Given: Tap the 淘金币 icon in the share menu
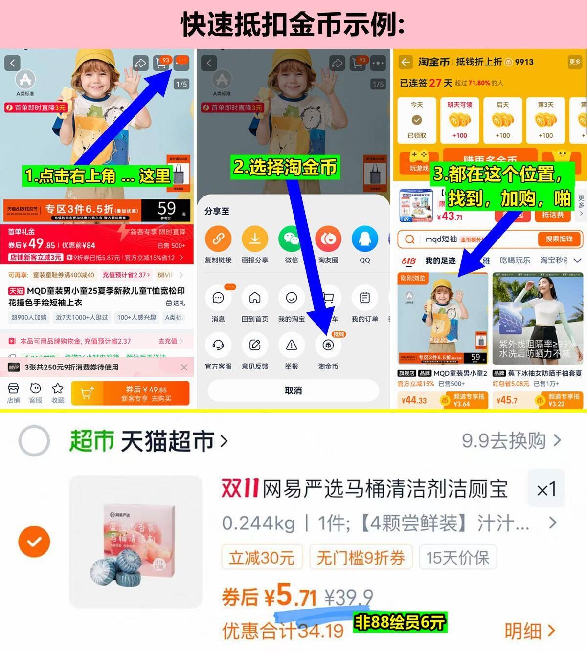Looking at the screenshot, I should tap(328, 346).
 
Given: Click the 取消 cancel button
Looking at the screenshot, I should tap(293, 391).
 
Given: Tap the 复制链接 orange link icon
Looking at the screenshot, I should tap(218, 239).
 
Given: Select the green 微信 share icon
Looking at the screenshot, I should tap(292, 239).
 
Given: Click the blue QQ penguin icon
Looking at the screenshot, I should tap(365, 239).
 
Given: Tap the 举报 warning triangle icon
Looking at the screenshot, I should tap(292, 346).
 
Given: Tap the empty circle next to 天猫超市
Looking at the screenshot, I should tap(34, 441).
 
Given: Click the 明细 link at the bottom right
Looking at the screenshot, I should tap(530, 631).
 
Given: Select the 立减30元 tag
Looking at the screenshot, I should tap(262, 558).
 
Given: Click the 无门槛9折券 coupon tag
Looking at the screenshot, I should tap(361, 558).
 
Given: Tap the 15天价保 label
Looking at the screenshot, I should tap(457, 558).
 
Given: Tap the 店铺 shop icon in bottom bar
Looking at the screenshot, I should tap(13, 393).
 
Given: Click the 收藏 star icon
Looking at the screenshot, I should tap(58, 393).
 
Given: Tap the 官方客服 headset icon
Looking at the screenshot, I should tap(218, 346).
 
